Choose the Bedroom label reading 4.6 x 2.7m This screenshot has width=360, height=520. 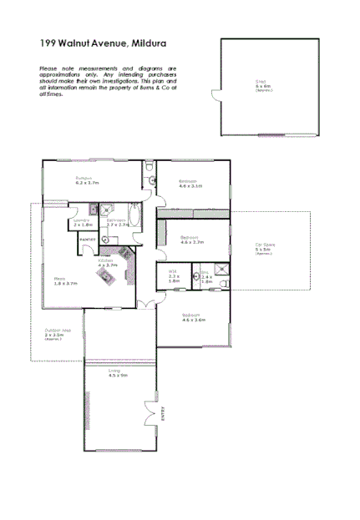pyautogui.click(x=192, y=240)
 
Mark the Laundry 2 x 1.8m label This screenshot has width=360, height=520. pyautogui.click(x=83, y=223)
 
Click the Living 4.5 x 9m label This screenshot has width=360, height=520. pyautogui.click(x=118, y=374)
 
